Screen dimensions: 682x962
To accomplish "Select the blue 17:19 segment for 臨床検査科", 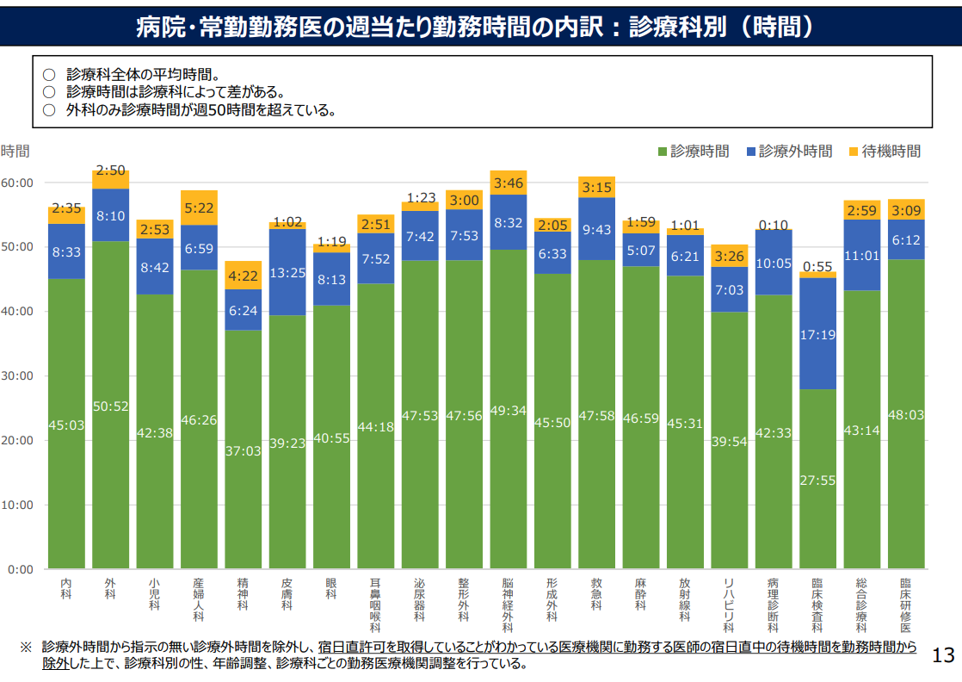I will click(817, 334).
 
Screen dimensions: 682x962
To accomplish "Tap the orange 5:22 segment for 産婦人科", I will click(199, 208).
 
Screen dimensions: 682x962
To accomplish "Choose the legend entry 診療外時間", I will click(789, 152).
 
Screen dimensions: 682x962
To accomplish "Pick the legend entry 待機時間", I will click(885, 152).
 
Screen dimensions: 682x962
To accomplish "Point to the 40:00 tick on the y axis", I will click(17, 311).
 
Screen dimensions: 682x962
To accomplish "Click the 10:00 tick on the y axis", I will click(17, 505).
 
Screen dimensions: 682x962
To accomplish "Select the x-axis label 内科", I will click(66, 588).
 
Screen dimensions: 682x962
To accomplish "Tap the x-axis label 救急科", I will click(596, 593).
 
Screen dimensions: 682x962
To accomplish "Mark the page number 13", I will click(943, 655).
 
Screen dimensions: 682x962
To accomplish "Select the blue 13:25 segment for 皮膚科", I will click(287, 272).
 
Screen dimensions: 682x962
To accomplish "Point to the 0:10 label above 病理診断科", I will click(773, 226).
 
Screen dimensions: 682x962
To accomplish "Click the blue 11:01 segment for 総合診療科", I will click(861, 255).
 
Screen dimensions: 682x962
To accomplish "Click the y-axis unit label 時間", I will click(15, 152).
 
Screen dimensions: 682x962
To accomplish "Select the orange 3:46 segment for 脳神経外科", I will click(508, 183).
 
